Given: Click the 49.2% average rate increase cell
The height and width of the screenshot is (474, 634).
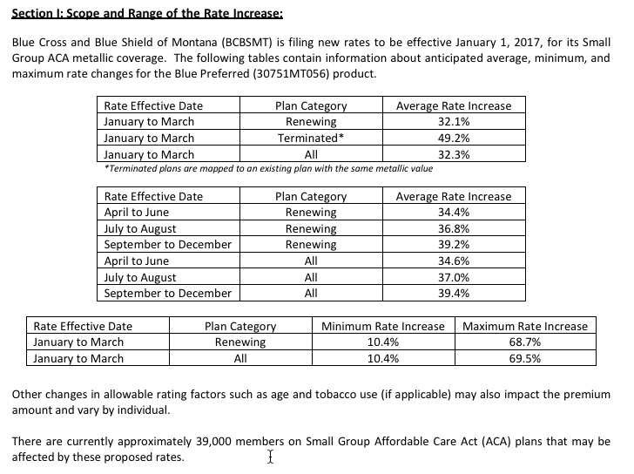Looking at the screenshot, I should (x=454, y=138).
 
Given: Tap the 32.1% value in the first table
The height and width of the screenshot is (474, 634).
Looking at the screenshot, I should (x=454, y=122).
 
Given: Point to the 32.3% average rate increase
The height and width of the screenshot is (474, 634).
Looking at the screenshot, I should (x=454, y=154).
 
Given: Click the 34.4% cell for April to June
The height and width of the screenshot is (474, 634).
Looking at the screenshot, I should (x=454, y=212).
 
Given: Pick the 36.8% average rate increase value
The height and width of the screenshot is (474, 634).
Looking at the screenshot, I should (x=454, y=228).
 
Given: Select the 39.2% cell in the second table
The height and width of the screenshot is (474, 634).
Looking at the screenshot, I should (x=454, y=245).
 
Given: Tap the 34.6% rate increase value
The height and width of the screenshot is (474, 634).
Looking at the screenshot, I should (x=454, y=261).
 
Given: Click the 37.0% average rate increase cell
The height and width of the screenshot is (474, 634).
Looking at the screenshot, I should (x=454, y=277).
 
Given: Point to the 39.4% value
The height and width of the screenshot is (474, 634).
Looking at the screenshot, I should (x=454, y=294).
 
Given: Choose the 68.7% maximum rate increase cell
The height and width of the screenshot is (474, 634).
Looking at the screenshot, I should (x=525, y=342).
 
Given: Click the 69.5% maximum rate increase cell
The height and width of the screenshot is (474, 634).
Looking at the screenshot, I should (x=525, y=358).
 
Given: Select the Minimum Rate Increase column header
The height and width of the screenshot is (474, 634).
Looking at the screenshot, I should (x=382, y=326).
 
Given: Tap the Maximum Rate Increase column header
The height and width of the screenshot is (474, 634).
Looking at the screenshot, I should (x=525, y=326).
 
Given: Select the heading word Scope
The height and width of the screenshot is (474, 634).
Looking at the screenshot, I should (x=90, y=14).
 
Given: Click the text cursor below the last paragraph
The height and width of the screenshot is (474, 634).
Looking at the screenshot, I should (x=271, y=457).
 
